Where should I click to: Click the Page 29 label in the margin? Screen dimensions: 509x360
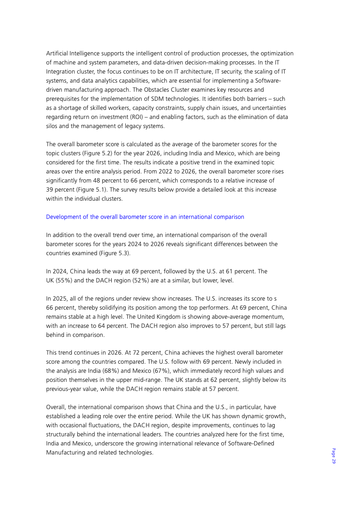coord(333,455)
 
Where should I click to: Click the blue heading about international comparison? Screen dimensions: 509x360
coord(145,217)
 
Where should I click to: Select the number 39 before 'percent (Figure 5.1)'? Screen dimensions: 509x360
coord(50,189)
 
